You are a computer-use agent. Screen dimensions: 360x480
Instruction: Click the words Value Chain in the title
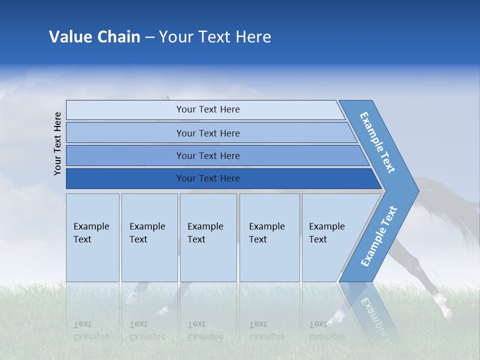(94, 37)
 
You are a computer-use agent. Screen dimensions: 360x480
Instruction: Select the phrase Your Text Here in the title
(215, 37)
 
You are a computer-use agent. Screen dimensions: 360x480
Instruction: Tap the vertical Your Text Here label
(58, 144)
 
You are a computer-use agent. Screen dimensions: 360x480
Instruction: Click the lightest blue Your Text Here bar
(207, 109)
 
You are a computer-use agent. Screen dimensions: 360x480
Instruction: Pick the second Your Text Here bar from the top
(207, 133)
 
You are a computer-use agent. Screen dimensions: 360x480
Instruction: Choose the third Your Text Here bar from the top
(207, 155)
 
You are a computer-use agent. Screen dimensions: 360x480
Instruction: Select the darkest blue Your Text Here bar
(207, 178)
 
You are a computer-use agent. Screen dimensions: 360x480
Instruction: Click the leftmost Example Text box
(92, 237)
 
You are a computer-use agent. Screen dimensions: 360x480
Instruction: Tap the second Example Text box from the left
(149, 237)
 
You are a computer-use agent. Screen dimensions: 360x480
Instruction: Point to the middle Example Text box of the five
(208, 237)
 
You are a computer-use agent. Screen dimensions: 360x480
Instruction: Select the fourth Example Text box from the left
(269, 237)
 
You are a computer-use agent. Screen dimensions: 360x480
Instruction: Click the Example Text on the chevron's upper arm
(377, 142)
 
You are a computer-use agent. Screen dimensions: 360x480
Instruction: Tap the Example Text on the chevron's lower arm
(378, 236)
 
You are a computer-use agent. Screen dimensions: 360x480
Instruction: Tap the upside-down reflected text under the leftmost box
(91, 330)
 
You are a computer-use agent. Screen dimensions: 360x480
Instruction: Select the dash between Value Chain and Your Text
(149, 37)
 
